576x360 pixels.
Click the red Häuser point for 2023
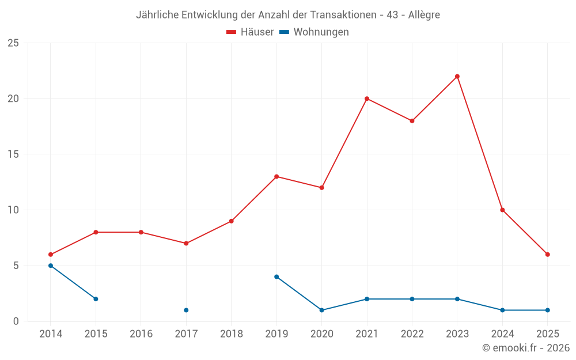pyautogui.click(x=457, y=77)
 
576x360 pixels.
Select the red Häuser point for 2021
pyautogui.click(x=367, y=98)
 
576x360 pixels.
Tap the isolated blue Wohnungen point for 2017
pyautogui.click(x=186, y=310)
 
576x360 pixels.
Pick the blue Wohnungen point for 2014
pyautogui.click(x=51, y=266)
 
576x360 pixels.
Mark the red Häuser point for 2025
pyautogui.click(x=548, y=255)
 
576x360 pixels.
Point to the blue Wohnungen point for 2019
pyautogui.click(x=276, y=277)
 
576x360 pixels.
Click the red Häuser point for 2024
pyautogui.click(x=502, y=210)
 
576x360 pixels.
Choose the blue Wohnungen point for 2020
pyautogui.click(x=321, y=310)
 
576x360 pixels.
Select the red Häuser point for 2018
pyautogui.click(x=232, y=221)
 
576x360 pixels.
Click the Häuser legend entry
pyautogui.click(x=250, y=32)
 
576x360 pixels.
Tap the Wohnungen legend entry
pyautogui.click(x=314, y=32)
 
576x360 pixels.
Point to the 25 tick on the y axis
pyautogui.click(x=13, y=43)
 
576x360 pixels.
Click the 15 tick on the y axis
pyautogui.click(x=13, y=154)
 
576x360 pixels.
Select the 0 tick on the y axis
pyautogui.click(x=16, y=321)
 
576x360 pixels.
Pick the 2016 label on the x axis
pyautogui.click(x=141, y=334)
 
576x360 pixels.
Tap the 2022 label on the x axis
pyautogui.click(x=412, y=334)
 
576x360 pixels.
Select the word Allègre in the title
pyautogui.click(x=423, y=15)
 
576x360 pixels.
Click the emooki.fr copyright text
pyautogui.click(x=526, y=348)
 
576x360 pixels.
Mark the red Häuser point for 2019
pyautogui.click(x=276, y=177)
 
